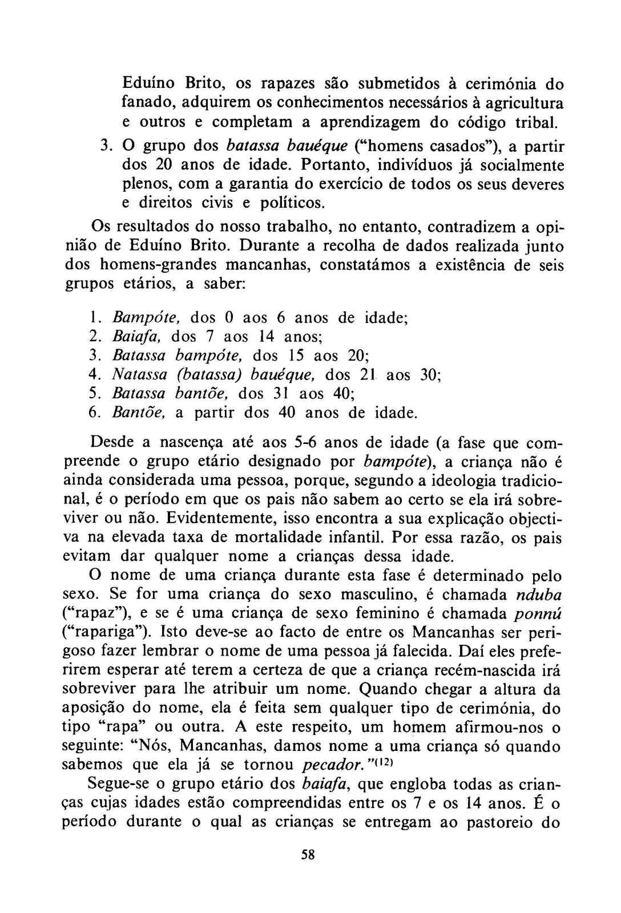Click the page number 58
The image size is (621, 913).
308,854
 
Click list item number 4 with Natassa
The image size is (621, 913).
95,375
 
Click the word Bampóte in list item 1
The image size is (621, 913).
147,318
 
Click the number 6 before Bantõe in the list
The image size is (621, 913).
95,413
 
